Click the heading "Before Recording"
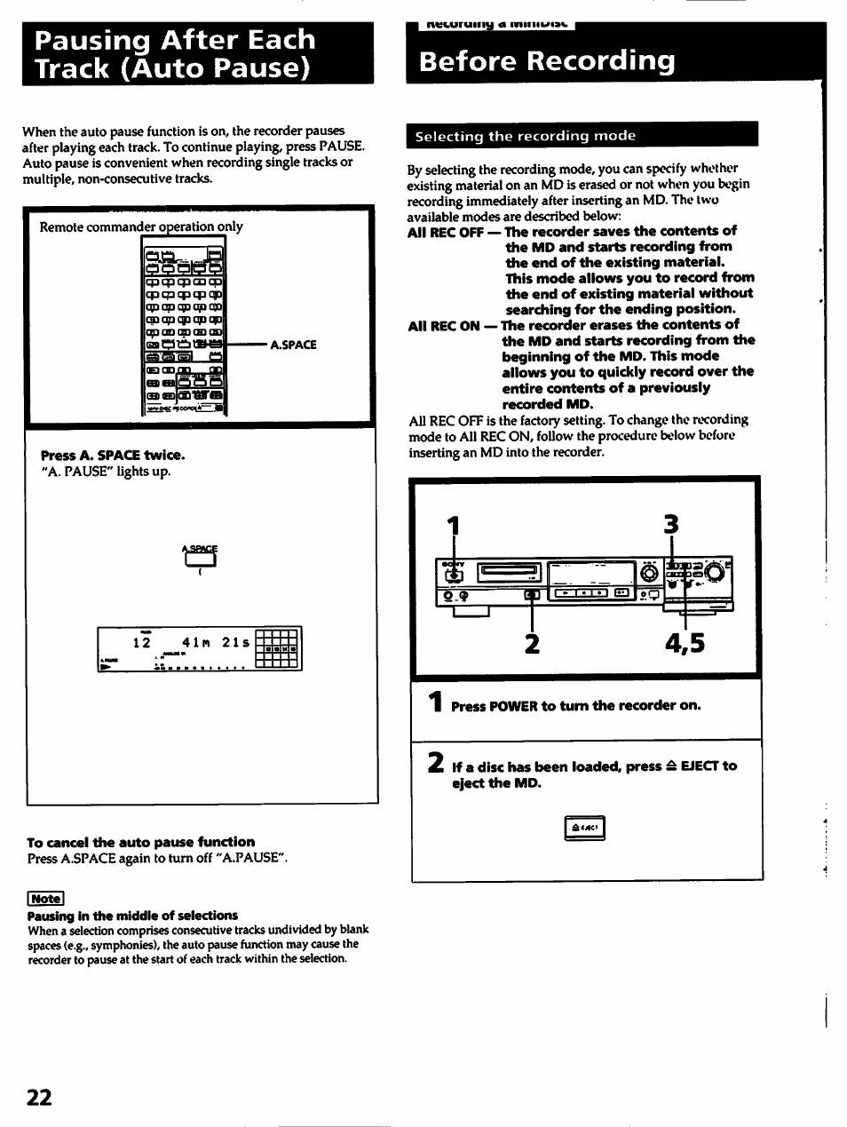point(547,61)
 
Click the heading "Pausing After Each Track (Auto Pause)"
point(170,53)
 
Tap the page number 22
point(39,1098)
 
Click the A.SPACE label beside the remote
point(293,345)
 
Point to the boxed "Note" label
point(45,898)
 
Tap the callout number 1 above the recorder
point(455,526)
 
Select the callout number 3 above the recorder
point(671,525)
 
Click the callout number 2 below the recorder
point(531,642)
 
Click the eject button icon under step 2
point(584,829)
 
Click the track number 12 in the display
point(141,642)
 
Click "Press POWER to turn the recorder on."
point(575,706)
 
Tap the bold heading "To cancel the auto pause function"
point(140,842)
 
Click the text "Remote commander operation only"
point(140,226)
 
